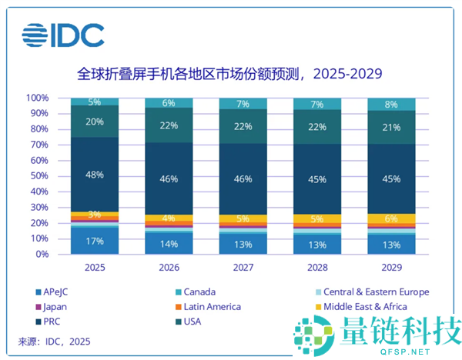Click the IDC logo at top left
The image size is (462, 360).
[x=63, y=35]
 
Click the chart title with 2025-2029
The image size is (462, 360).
[x=230, y=75]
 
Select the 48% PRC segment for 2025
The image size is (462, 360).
[x=95, y=175]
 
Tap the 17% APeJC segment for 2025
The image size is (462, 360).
[x=95, y=241]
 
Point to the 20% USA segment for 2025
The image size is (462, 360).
[x=95, y=121]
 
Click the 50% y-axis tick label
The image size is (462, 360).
[x=40, y=176]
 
